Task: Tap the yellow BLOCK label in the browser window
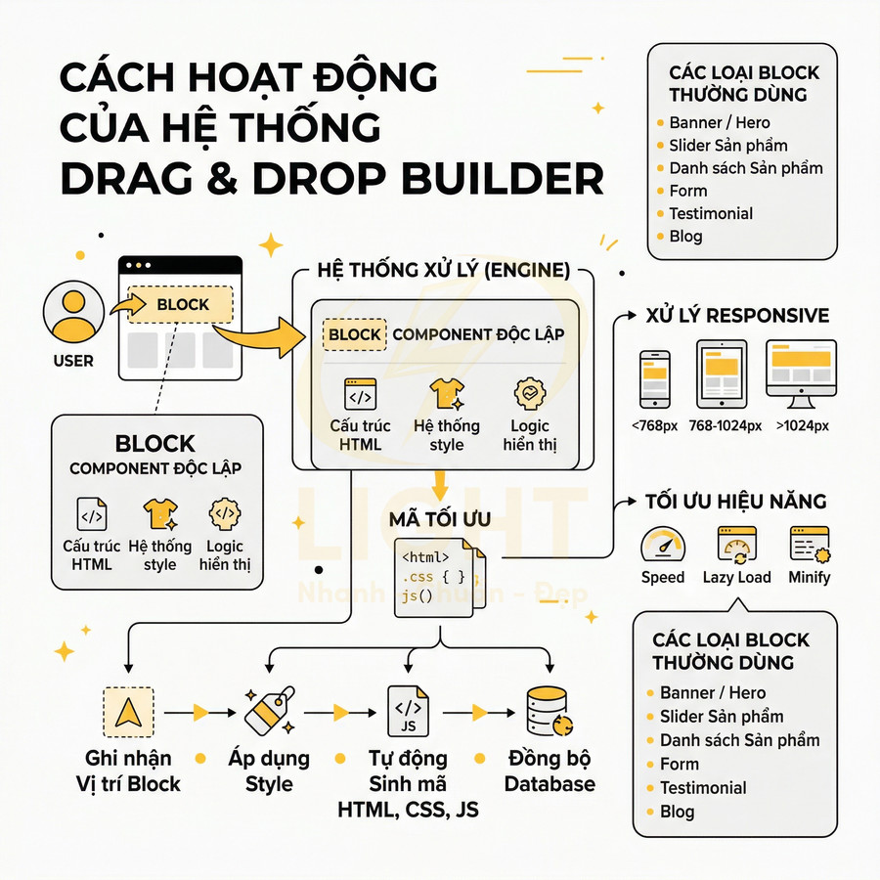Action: [x=182, y=304]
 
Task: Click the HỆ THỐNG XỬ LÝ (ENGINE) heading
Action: [x=444, y=271]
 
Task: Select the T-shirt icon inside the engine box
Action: [x=446, y=394]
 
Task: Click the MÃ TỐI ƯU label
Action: [x=439, y=518]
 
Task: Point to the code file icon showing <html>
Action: [x=436, y=576]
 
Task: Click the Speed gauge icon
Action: [x=662, y=544]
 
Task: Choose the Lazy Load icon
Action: [x=736, y=544]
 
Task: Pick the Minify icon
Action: [x=810, y=544]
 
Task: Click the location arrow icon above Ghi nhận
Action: [x=127, y=712]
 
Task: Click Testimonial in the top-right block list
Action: [x=711, y=213]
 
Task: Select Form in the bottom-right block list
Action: [x=680, y=764]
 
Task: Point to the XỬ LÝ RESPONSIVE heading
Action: [x=737, y=316]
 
